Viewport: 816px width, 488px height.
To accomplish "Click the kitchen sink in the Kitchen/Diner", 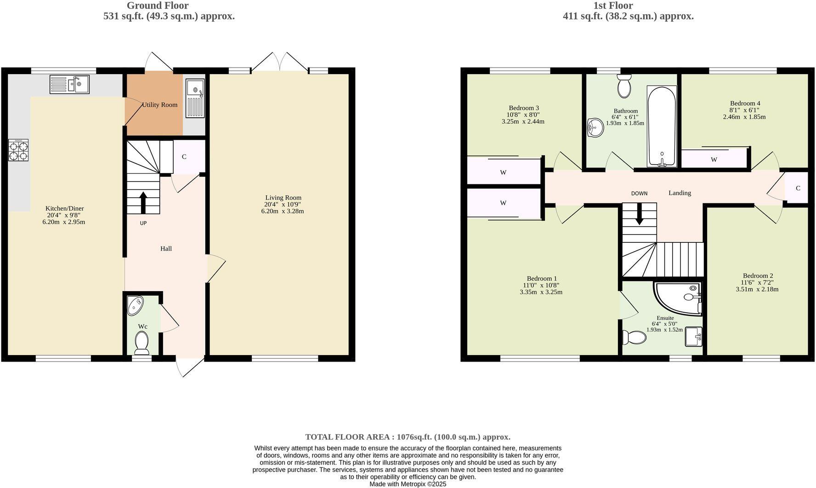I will point(69,85).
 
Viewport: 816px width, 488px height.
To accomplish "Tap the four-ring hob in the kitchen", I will point(18,150).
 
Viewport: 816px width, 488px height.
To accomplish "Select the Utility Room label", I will point(159,105).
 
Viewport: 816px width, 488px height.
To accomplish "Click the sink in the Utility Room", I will point(195,98).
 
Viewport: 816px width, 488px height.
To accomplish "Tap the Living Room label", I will point(283,198).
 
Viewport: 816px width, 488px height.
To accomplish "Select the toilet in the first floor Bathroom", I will point(624,86).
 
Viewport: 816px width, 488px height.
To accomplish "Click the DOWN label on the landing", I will point(639,194).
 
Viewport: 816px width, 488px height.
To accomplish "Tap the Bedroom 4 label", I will point(745,103).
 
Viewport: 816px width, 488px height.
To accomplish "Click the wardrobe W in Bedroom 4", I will point(714,160).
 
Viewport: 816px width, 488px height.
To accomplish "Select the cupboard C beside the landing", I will point(798,188).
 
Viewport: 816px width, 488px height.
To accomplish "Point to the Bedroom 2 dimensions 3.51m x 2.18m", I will point(757,289).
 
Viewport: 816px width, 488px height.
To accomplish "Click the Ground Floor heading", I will point(157,6).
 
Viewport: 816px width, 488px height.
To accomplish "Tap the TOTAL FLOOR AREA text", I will point(408,437).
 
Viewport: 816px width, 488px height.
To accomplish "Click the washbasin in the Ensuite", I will point(693,336).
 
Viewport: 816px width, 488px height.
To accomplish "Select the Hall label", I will point(166,249).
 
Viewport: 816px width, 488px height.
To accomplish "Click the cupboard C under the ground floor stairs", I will point(184,157).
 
